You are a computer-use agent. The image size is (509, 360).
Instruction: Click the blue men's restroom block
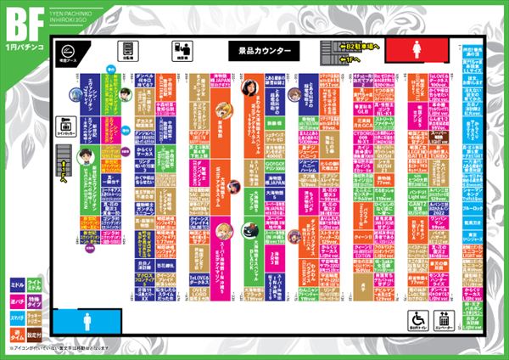point(92,321)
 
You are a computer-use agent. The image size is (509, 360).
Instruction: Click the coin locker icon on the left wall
point(64,127)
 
